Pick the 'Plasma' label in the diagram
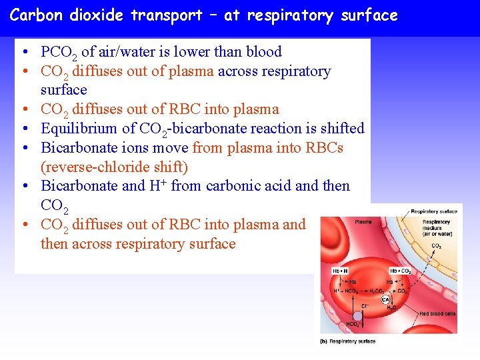point(363,222)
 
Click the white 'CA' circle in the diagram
point(385,300)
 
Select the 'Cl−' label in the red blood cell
point(365,306)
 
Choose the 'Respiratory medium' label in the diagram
point(437,227)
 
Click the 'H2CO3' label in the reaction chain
point(377,291)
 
